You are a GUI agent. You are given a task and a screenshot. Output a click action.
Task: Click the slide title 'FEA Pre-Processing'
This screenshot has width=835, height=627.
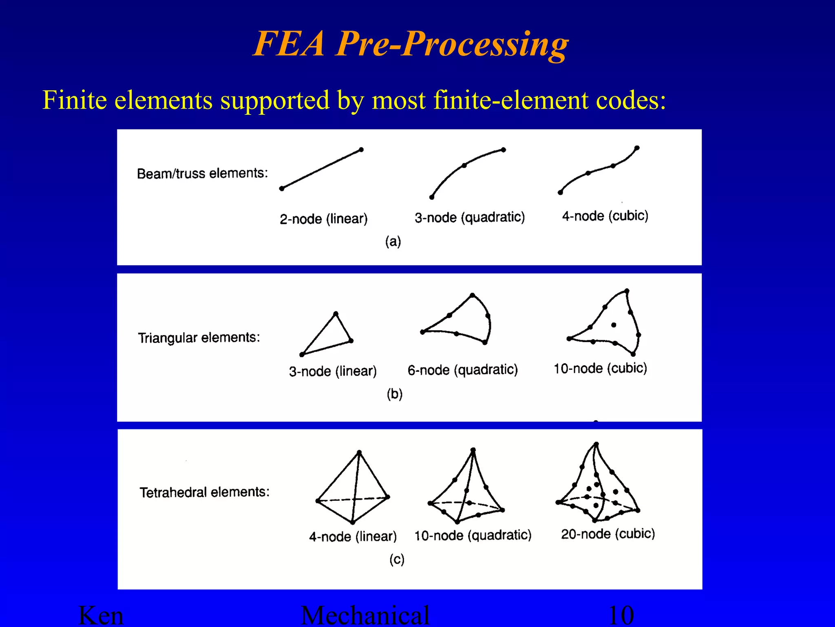pyautogui.click(x=411, y=44)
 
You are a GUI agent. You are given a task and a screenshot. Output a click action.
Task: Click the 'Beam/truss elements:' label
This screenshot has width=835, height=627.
pyautogui.click(x=202, y=173)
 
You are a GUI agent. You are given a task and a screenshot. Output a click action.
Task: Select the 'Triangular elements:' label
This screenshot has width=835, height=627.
pyautogui.click(x=199, y=338)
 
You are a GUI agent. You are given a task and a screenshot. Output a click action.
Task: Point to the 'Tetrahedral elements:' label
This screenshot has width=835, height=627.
pyautogui.click(x=205, y=492)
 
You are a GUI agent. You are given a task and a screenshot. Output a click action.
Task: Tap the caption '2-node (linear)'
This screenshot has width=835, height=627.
pyautogui.click(x=324, y=219)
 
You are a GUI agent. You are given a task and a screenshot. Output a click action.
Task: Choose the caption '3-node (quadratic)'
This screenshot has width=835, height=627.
pyautogui.click(x=470, y=218)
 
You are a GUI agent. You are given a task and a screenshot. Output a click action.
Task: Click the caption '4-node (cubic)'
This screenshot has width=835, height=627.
pyautogui.click(x=605, y=216)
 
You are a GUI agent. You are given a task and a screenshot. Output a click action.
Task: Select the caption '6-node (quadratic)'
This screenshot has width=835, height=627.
pyautogui.click(x=463, y=370)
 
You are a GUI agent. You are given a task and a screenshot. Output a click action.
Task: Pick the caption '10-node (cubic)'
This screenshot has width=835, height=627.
pyautogui.click(x=600, y=368)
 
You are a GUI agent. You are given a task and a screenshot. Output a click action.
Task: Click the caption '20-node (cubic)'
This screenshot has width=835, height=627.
pyautogui.click(x=608, y=534)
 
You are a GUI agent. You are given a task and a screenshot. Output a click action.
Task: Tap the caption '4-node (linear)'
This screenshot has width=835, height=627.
pyautogui.click(x=353, y=536)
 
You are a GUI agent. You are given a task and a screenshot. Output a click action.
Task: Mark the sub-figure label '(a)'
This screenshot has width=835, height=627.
pyautogui.click(x=393, y=242)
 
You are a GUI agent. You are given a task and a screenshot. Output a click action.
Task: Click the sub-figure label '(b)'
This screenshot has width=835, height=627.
pyautogui.click(x=395, y=394)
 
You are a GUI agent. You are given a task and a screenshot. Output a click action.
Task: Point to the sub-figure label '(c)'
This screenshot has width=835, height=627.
pyautogui.click(x=397, y=559)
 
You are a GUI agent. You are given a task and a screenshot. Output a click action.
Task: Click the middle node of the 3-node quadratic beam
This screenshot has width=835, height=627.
pyautogui.click(x=464, y=165)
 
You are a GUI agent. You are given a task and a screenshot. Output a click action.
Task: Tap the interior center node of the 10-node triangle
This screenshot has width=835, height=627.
pyautogui.click(x=614, y=325)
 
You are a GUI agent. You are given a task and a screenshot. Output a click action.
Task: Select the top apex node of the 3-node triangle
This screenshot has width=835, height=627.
pyautogui.click(x=336, y=314)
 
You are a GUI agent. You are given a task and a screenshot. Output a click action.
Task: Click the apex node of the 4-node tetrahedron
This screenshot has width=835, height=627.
pyautogui.click(x=359, y=452)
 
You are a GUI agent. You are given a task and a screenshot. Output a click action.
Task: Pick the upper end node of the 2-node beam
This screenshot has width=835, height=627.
pyautogui.click(x=361, y=150)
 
